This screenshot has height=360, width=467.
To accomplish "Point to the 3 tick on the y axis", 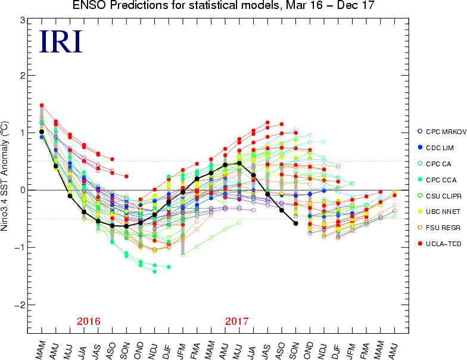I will tap(21, 20).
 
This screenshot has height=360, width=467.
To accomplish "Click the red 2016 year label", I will tap(89, 321).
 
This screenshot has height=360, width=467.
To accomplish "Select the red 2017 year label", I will tap(237, 321).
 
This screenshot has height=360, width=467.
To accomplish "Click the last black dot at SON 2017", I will tap(296, 223).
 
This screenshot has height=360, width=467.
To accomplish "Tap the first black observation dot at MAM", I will tap(42, 132).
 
